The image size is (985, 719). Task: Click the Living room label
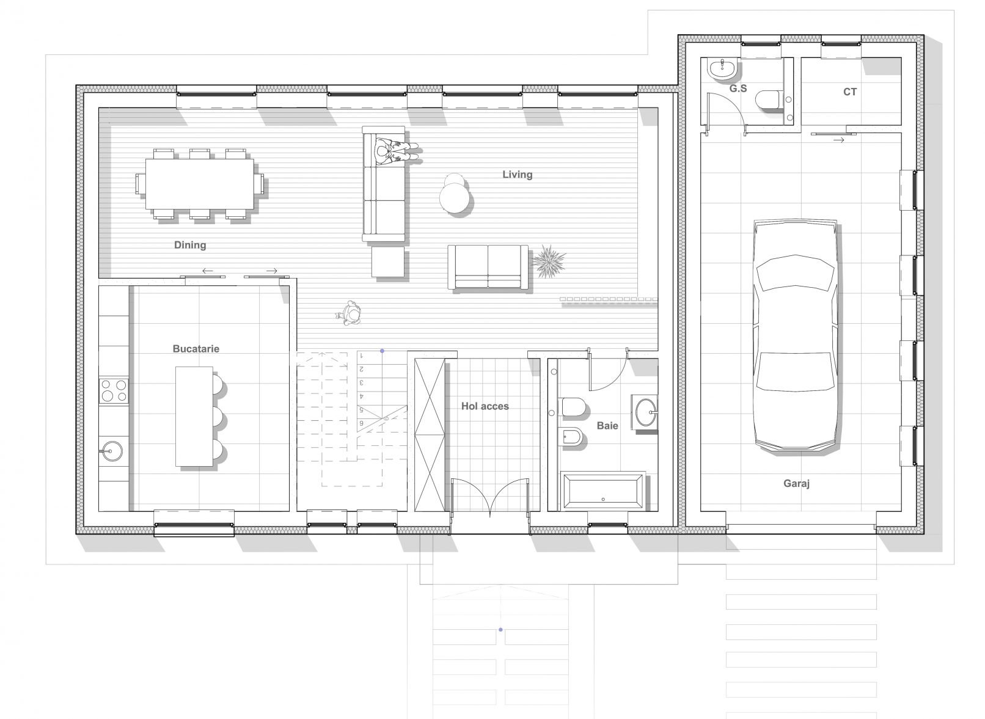518,175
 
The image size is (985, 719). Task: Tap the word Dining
190,245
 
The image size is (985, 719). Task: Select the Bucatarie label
196,349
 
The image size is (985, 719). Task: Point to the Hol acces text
485,406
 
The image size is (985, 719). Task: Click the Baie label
607,425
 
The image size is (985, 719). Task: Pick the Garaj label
796,483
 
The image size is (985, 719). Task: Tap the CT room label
850,92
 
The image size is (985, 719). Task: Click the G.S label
738,89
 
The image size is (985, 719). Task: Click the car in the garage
796,335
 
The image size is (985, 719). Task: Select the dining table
200,184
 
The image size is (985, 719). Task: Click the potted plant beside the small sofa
548,261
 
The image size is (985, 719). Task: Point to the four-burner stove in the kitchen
114,391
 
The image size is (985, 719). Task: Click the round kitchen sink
112,450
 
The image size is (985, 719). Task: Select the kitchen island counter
194,416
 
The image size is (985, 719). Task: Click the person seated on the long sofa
395,150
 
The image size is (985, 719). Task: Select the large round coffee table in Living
454,198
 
